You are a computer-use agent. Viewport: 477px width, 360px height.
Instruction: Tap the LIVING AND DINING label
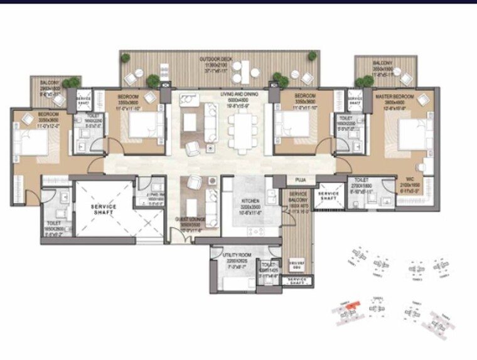240,94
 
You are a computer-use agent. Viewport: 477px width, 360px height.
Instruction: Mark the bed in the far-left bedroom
29,139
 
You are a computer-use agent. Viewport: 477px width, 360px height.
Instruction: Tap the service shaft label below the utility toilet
297,281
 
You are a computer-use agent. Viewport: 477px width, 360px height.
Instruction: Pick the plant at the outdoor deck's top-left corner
126,58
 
